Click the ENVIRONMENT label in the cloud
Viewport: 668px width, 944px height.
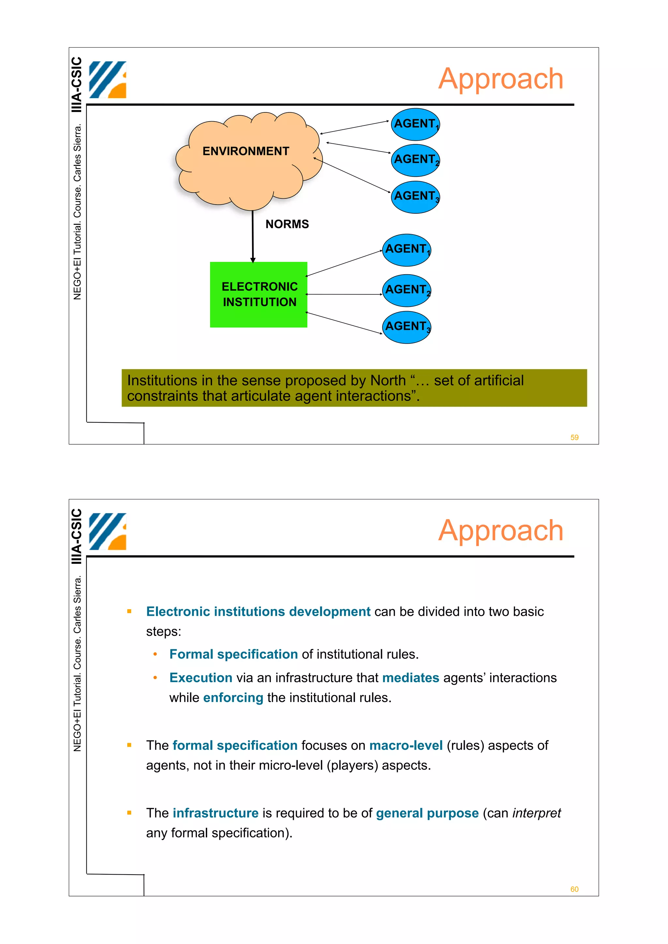pyautogui.click(x=246, y=151)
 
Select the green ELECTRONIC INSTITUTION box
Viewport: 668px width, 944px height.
pyautogui.click(x=258, y=294)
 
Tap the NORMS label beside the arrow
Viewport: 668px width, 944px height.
pyautogui.click(x=287, y=224)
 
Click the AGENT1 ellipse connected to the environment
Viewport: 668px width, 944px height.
pyautogui.click(x=415, y=124)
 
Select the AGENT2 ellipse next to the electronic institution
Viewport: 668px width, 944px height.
pyautogui.click(x=407, y=290)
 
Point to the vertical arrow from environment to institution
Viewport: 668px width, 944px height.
pyautogui.click(x=253, y=236)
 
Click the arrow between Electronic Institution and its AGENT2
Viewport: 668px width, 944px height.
pyautogui.click(x=344, y=294)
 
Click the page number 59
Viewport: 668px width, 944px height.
pyautogui.click(x=574, y=437)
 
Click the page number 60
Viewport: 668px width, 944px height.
pyautogui.click(x=574, y=889)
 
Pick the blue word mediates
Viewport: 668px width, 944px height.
pyautogui.click(x=410, y=678)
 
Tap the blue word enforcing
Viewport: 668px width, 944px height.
pyautogui.click(x=233, y=698)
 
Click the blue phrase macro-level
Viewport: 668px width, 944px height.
pyautogui.click(x=405, y=745)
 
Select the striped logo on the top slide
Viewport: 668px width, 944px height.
pyautogui.click(x=107, y=80)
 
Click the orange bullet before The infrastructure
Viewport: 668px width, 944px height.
pyautogui.click(x=129, y=812)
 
